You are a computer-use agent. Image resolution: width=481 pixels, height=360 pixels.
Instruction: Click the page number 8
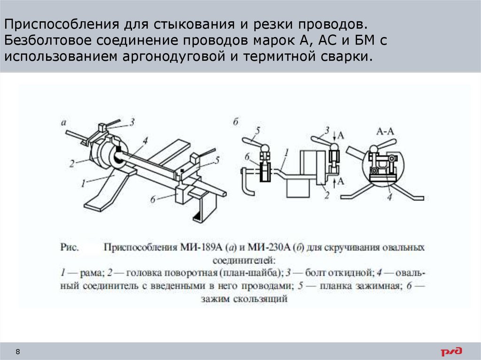[18, 352]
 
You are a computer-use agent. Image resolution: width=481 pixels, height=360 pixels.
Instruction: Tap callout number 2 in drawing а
[71, 163]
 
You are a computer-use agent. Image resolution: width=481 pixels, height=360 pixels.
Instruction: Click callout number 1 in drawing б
[285, 151]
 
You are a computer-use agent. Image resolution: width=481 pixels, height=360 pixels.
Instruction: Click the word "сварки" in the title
[350, 57]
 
